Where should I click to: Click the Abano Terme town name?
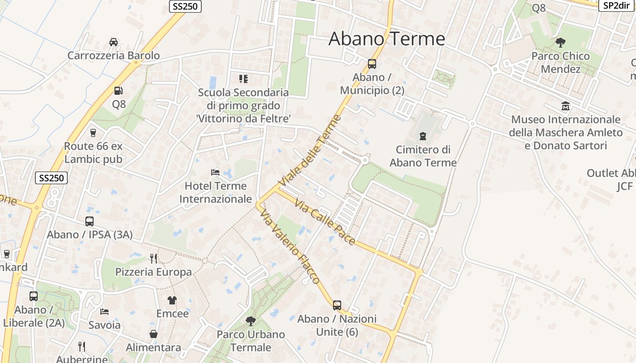[387, 39]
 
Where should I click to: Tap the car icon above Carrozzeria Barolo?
[114, 42]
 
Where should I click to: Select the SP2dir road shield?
[616, 5]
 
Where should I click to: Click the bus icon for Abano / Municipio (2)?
[372, 64]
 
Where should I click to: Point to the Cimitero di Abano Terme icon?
[423, 136]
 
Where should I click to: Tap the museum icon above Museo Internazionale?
[566, 106]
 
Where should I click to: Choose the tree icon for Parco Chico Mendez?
[561, 43]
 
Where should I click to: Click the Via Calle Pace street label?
[325, 222]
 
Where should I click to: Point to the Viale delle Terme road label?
[310, 151]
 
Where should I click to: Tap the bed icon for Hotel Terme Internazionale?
[215, 172]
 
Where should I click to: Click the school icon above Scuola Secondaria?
[243, 79]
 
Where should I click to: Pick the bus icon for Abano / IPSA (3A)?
[89, 221]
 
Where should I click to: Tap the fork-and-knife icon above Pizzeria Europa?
[154, 259]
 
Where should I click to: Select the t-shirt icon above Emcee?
[172, 300]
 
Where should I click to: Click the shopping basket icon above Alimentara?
[154, 334]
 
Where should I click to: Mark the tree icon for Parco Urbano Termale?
[250, 321]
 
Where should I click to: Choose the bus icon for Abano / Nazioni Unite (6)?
[337, 305]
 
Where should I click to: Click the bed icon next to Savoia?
[104, 312]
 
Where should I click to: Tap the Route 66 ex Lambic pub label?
[93, 153]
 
